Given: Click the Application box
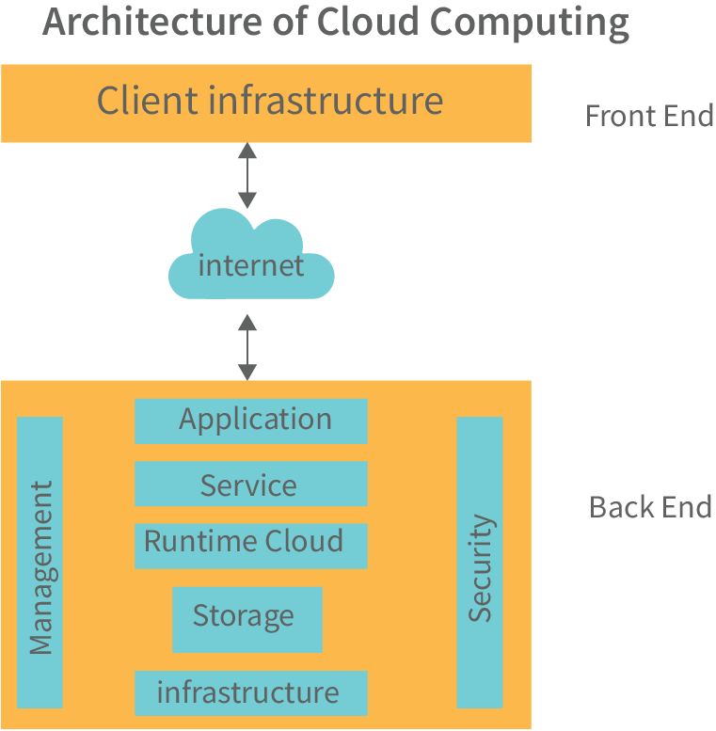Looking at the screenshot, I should coord(251,421).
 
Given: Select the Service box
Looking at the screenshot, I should coord(251,484).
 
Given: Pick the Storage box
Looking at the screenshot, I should coord(247,618).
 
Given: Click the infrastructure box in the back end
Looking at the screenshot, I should coord(251,693).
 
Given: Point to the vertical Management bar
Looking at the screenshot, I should coord(40,563).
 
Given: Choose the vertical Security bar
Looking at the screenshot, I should coord(480,563).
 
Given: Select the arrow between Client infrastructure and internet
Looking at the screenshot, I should coord(247,175).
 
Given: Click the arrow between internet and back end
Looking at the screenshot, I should coord(247,347).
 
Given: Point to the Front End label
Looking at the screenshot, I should coord(648,116).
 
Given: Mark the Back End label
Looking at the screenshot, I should coord(650,507).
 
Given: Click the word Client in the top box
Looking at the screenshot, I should coord(148,101).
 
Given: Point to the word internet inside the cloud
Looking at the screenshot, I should coord(251,265).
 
